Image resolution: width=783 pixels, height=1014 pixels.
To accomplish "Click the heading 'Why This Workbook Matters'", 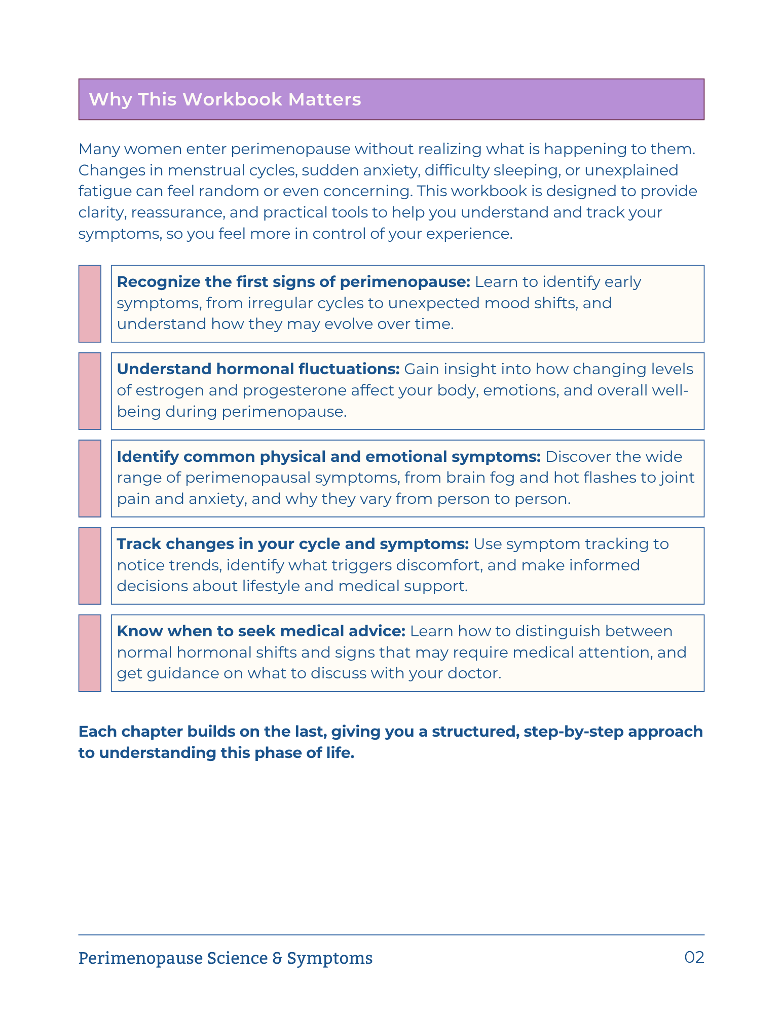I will pos(225,99).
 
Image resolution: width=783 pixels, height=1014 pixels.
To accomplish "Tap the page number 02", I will pos(694,957).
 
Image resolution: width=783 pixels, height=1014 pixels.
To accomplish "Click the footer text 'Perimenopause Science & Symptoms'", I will pos(225,958).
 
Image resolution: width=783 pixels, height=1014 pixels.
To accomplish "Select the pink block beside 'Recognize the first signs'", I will pos(90,304).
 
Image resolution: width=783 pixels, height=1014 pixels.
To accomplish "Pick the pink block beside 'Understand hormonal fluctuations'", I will pos(90,391).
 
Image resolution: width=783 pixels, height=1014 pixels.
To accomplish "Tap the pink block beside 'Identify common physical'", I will pos(90,478).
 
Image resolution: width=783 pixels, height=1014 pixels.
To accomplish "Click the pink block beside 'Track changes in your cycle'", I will pos(90,566).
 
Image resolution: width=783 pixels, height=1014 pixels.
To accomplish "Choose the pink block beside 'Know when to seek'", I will pos(90,653).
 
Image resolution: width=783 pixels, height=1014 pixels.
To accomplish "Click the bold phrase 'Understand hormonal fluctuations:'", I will pos(258,369).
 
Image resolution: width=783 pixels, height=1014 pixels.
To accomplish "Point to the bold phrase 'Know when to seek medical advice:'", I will pos(261,631).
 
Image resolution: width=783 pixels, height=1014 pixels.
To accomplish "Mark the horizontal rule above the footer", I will pos(391,934).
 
